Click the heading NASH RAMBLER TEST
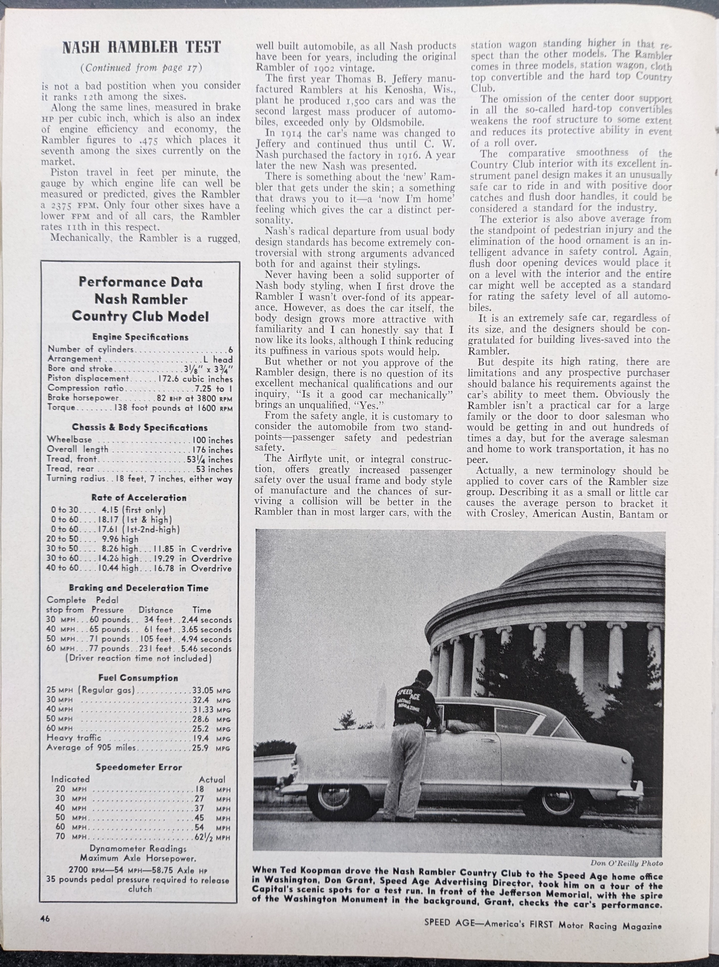[x=142, y=47]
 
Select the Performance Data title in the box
[x=141, y=282]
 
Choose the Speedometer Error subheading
[x=139, y=767]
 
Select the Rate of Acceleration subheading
[x=139, y=498]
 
